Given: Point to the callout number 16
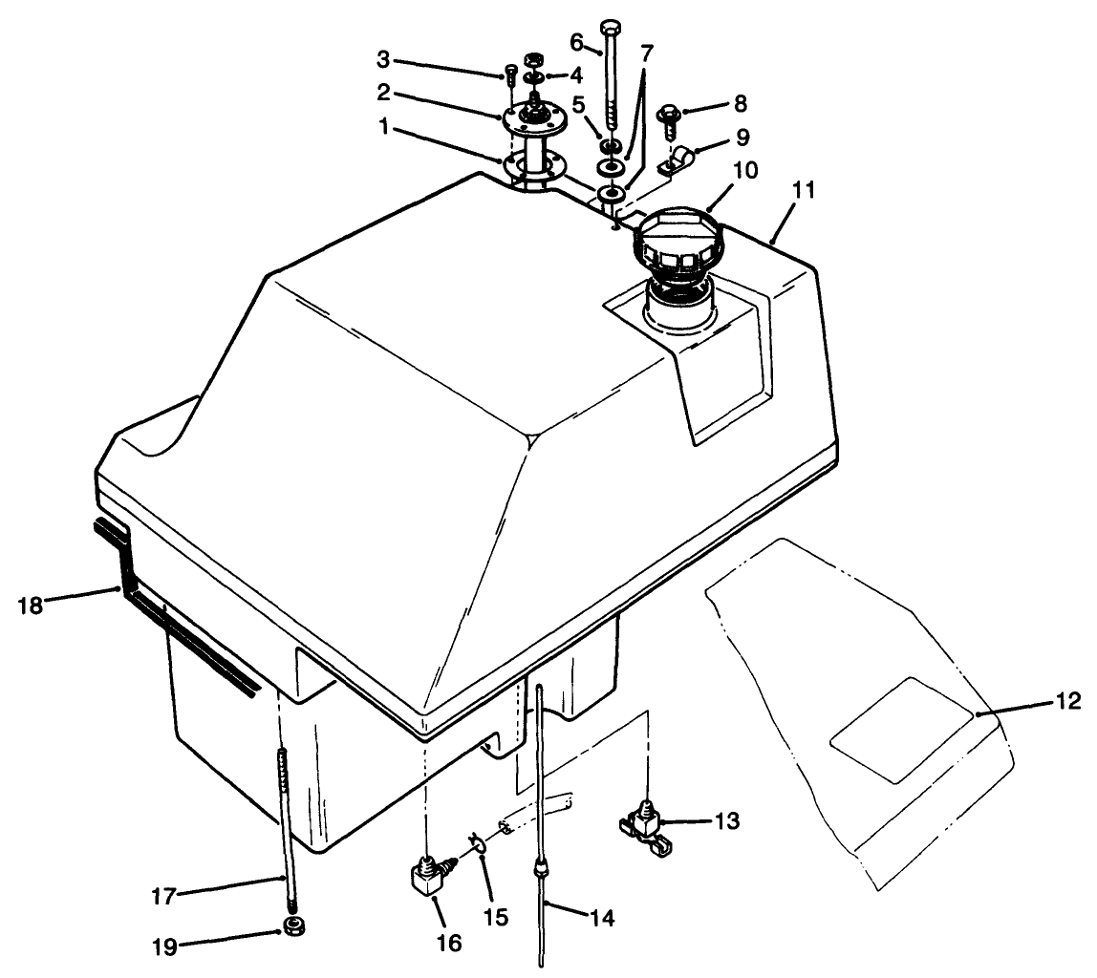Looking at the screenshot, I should [x=448, y=944].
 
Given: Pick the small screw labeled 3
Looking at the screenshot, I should [x=509, y=74].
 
